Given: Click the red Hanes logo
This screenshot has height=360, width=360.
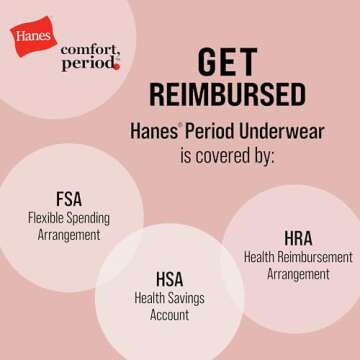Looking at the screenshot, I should [x=33, y=37].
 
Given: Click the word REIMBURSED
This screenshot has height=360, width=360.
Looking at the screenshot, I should [x=228, y=94].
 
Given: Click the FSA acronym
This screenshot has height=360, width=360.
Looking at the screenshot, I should [x=70, y=198].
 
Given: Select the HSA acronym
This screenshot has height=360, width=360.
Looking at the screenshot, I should [x=169, y=278].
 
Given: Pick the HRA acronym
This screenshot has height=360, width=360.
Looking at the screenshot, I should [x=298, y=238].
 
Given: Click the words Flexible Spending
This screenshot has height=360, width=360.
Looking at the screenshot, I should [x=70, y=217].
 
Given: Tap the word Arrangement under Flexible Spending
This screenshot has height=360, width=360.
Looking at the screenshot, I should [x=70, y=235].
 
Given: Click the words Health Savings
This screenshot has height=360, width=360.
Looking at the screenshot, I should [x=169, y=297].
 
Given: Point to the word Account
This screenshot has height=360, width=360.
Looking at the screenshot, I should [x=169, y=315].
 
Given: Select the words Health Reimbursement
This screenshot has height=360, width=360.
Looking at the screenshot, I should [x=298, y=257].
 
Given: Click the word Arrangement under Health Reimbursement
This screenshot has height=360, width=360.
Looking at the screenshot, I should [x=298, y=274].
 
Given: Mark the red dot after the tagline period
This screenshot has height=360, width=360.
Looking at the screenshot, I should [x=117, y=68].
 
